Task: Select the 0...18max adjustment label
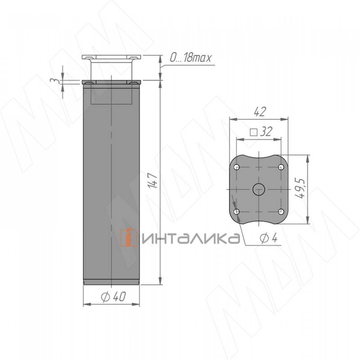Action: pos(190,58)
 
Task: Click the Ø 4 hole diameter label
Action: pos(268,239)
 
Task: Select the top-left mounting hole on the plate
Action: pos(237,166)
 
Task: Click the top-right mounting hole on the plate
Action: pos(281,166)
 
